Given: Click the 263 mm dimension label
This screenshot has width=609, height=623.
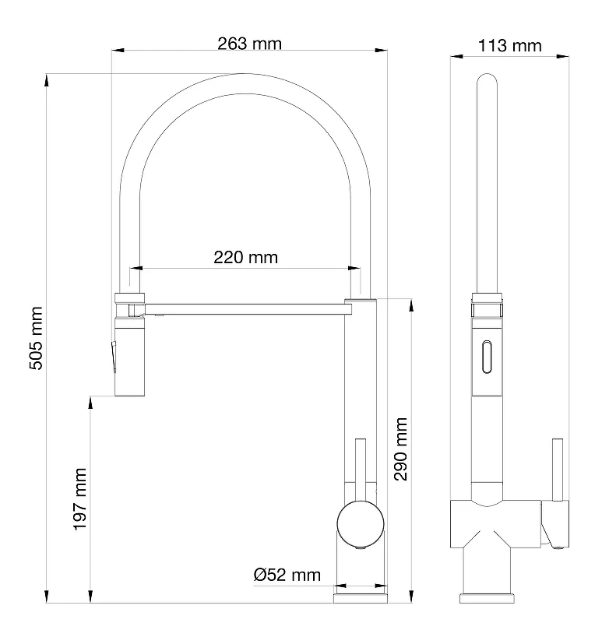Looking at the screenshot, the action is click(249, 44).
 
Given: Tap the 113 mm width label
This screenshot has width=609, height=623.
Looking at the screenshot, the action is click(509, 46).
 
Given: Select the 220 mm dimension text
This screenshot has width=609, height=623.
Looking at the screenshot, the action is click(245, 258).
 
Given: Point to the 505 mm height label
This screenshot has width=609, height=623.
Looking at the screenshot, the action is click(36, 338).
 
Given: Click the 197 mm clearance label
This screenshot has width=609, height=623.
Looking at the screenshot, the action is click(80, 499).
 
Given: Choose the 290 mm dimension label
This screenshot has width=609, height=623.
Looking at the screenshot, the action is click(401, 449).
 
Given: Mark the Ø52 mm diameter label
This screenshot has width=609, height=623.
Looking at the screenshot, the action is click(287, 575).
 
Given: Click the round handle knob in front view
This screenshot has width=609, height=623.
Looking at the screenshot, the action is click(361, 524).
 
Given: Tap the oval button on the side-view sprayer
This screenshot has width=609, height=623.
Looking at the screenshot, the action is click(487, 357).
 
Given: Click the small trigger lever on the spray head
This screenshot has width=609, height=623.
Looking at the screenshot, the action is click(114, 357).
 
